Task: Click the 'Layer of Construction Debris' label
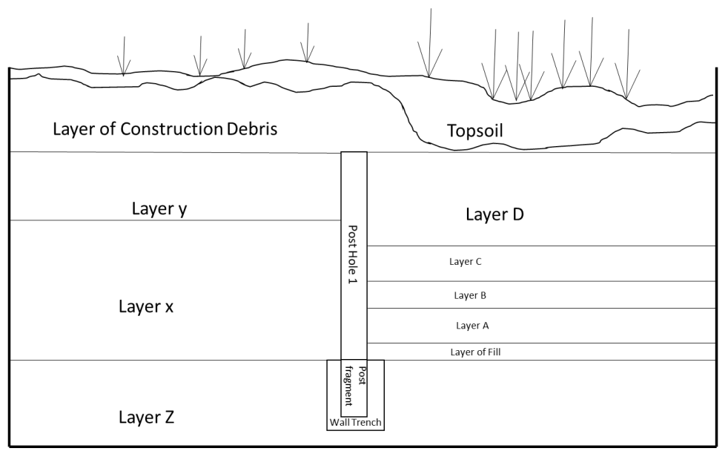point(165,129)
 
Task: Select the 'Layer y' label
point(159,208)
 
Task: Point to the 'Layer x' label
point(146,306)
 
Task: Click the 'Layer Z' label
point(146,418)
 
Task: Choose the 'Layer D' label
point(494,215)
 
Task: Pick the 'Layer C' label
point(466,262)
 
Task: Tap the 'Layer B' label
point(470,295)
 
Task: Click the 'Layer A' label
point(472,326)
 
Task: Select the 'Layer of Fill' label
point(475,352)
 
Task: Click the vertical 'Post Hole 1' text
point(354,255)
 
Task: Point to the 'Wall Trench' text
point(356,423)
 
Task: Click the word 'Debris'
point(251,129)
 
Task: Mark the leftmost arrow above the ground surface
point(124,56)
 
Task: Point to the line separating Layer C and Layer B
point(541,281)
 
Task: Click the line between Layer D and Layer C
point(541,246)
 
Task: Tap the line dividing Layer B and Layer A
point(541,308)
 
